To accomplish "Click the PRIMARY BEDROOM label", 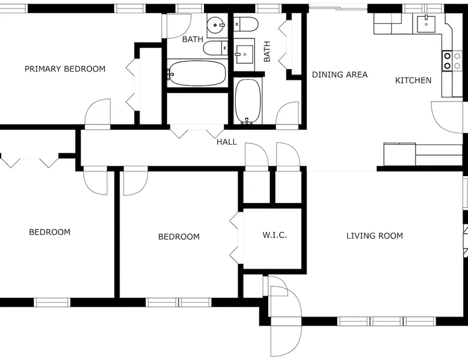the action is (x=65, y=69).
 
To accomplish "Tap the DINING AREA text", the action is (x=340, y=75).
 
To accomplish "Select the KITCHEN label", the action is (x=413, y=80).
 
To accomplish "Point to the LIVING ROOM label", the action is (x=375, y=236).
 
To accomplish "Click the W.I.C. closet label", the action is (x=275, y=235).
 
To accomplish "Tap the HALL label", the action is (x=227, y=142).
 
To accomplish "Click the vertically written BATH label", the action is (x=267, y=51).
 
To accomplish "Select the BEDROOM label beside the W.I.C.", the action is (x=179, y=237).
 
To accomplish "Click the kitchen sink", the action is (x=426, y=23).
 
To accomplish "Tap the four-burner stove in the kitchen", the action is (x=452, y=61).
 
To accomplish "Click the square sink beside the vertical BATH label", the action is (x=244, y=54).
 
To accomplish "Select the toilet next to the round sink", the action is (x=215, y=48).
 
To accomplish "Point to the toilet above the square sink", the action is (x=245, y=24).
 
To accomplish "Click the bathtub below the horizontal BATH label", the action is (x=196, y=73).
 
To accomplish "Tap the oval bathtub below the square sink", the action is (x=248, y=102).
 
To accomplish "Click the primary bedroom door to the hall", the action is (x=97, y=114).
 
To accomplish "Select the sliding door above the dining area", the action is (x=338, y=8).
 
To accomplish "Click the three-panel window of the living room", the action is (x=387, y=321).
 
